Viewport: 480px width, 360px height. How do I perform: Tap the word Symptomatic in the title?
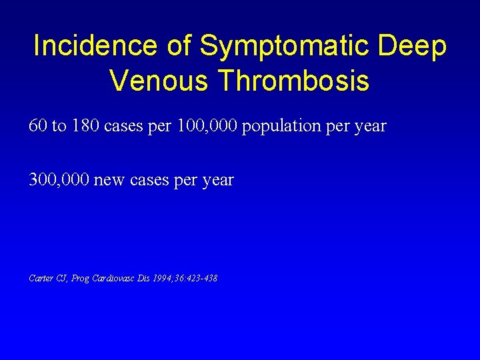pos(285,46)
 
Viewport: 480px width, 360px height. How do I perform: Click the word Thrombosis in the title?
pos(293,81)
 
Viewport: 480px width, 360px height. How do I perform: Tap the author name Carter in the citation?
pos(41,277)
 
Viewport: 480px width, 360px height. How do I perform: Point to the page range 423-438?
pos(200,277)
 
